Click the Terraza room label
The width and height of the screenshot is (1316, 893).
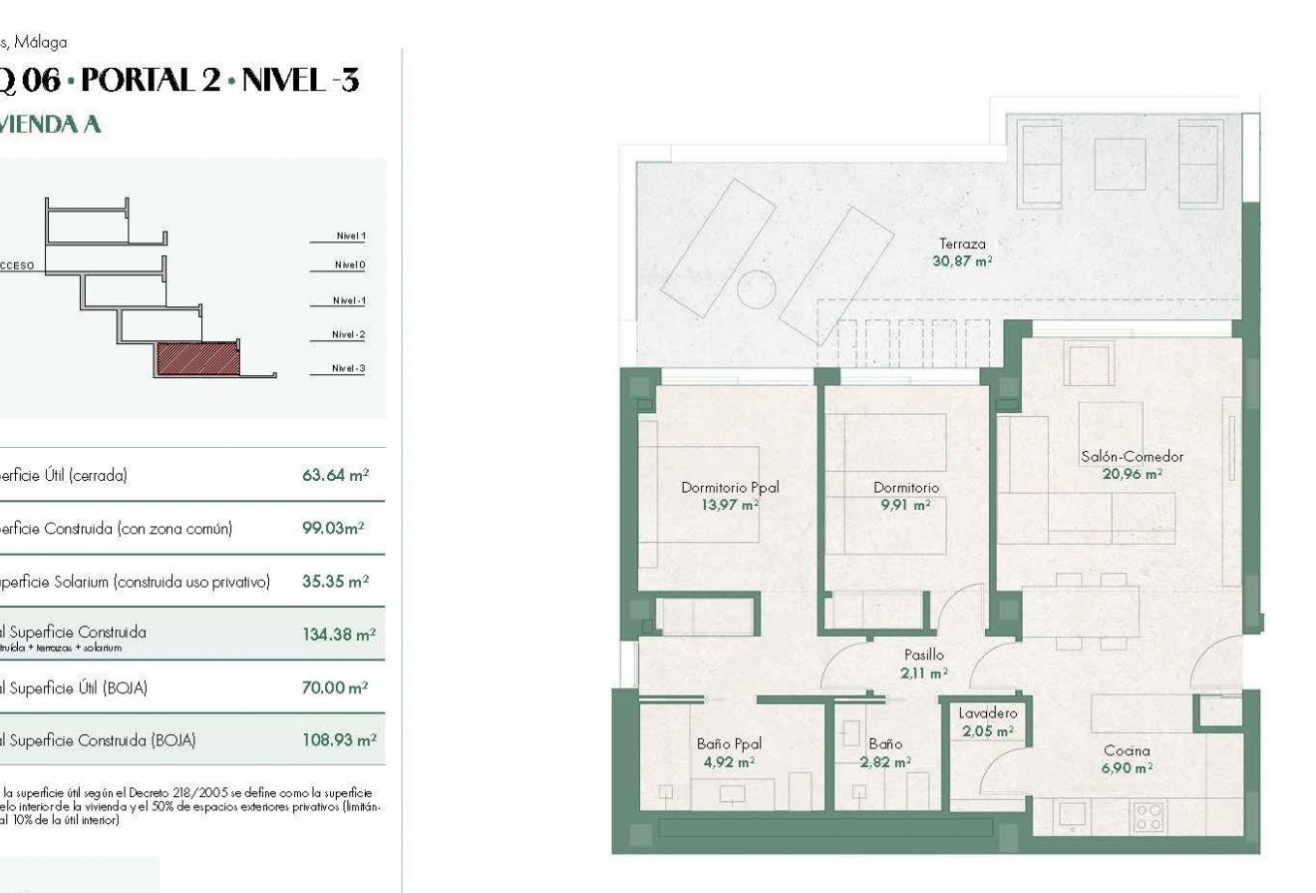coord(962,243)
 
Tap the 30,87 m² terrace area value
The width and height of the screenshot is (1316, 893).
coord(962,261)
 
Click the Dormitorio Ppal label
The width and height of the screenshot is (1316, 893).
coord(730,488)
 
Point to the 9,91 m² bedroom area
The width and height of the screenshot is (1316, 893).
coord(906,505)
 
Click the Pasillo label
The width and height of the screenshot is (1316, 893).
coord(923,656)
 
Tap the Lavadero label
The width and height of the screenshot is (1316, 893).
coord(987,713)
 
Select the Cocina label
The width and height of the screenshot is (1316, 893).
coord(1127,750)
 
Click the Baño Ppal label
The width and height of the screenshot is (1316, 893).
coord(729,743)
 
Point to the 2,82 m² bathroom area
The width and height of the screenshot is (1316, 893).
coord(885,762)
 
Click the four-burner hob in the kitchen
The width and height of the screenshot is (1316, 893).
coord(1150,816)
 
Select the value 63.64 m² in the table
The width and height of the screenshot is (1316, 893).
coord(337,475)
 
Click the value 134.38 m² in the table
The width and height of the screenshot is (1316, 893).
coord(339,634)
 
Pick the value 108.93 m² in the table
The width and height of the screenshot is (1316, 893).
coord(339,740)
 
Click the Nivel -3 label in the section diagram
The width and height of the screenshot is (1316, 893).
coord(349,369)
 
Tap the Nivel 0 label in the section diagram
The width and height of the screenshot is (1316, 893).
coord(350,265)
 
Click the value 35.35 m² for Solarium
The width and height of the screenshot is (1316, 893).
coord(336,581)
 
